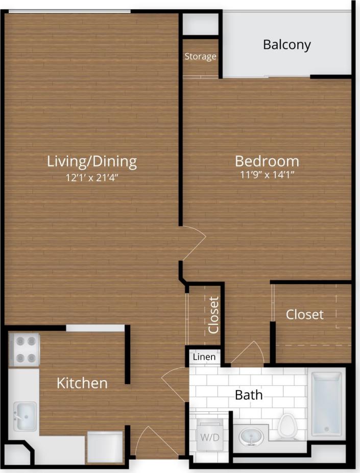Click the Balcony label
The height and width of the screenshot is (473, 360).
286,44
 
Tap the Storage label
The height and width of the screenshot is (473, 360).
200,56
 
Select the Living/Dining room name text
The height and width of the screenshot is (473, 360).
92,162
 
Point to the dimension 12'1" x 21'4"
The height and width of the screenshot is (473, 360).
92,178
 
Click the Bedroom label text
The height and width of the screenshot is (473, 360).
267,161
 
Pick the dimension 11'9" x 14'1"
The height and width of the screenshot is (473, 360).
267,175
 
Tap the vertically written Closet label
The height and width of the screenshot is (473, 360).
213,314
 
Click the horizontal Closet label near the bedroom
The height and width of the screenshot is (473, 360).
304,314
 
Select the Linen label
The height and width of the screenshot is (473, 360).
204,357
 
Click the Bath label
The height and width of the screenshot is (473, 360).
249,394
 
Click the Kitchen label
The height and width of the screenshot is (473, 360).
82,383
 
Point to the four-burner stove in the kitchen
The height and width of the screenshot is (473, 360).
25,350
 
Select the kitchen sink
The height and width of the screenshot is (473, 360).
24,416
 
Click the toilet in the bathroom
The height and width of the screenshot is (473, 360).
287,426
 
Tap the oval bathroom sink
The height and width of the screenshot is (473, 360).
251,437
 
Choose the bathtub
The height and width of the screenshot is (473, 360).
326,404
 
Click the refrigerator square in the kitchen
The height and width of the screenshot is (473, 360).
105,447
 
